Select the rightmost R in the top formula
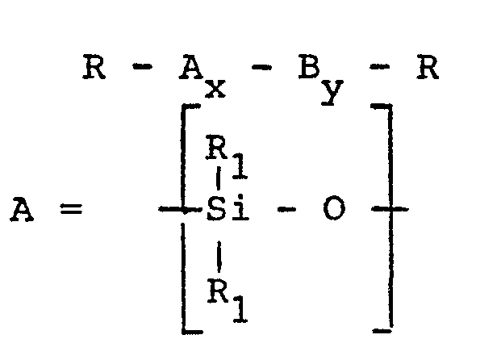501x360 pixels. [x=427, y=69]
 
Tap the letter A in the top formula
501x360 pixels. [x=190, y=69]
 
